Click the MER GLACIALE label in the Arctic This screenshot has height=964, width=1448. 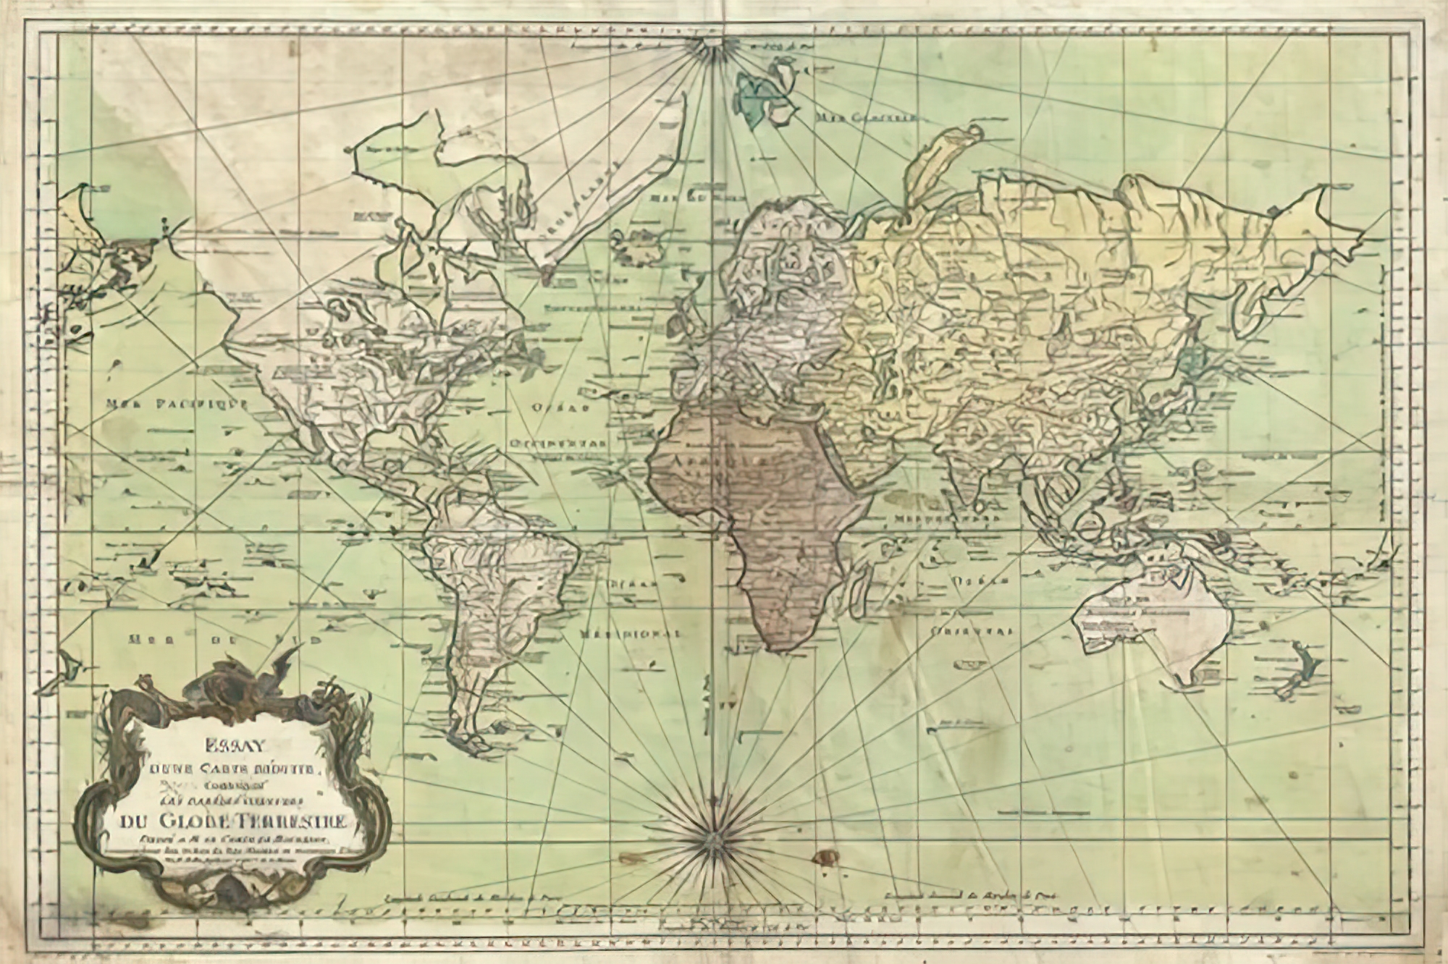[866, 117]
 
